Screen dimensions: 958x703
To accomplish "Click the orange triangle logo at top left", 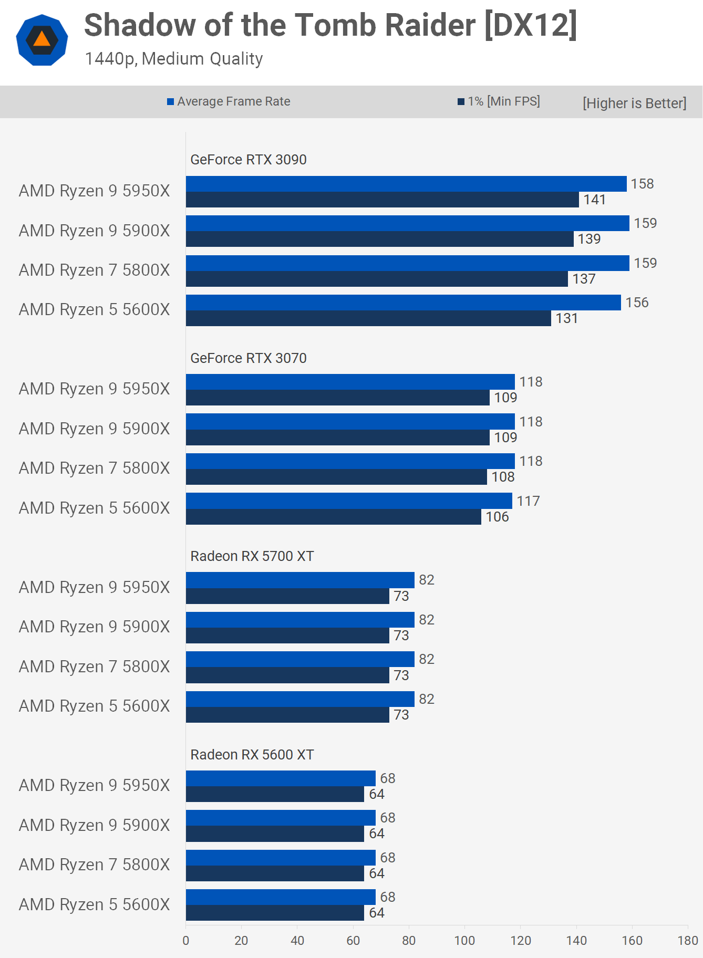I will coord(42,40).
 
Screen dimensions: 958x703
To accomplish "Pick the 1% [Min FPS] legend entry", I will coord(499,101).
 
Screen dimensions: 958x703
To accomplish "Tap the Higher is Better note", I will coord(634,103).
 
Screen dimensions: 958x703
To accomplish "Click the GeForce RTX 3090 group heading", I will coord(248,160).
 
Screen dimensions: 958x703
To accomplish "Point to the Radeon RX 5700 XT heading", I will coord(252,556).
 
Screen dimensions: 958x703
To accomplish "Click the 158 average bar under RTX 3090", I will coord(406,184).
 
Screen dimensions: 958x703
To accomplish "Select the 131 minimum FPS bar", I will coord(368,318).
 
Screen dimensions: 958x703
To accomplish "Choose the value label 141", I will coord(594,200).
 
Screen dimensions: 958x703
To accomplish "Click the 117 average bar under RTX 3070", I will coord(349,501).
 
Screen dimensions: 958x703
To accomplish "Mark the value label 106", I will coord(497,517).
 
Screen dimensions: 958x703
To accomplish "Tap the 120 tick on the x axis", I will coord(520,941).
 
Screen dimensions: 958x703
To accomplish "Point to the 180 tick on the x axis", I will coord(687,941).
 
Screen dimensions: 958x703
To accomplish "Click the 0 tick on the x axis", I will coord(185,941).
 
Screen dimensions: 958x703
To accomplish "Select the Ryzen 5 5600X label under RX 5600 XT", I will coord(95,904).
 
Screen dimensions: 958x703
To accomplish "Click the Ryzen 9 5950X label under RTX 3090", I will coord(95,191).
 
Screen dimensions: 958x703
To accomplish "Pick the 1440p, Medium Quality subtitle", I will coord(173,59).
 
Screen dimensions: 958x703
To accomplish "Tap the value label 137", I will coord(584,279).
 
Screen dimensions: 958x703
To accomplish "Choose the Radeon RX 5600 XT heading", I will coord(252,755).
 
